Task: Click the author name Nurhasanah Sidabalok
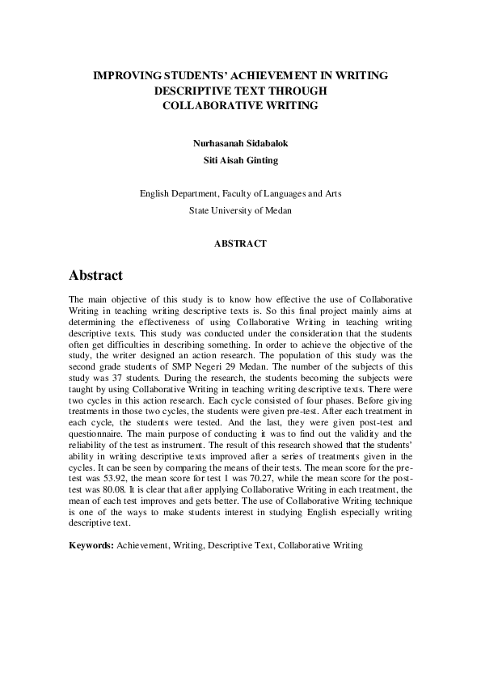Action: [240, 143]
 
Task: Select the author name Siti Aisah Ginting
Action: [240, 159]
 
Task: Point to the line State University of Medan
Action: [240, 209]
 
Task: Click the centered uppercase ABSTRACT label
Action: [240, 243]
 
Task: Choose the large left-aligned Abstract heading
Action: [95, 276]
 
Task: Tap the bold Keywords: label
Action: [91, 547]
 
